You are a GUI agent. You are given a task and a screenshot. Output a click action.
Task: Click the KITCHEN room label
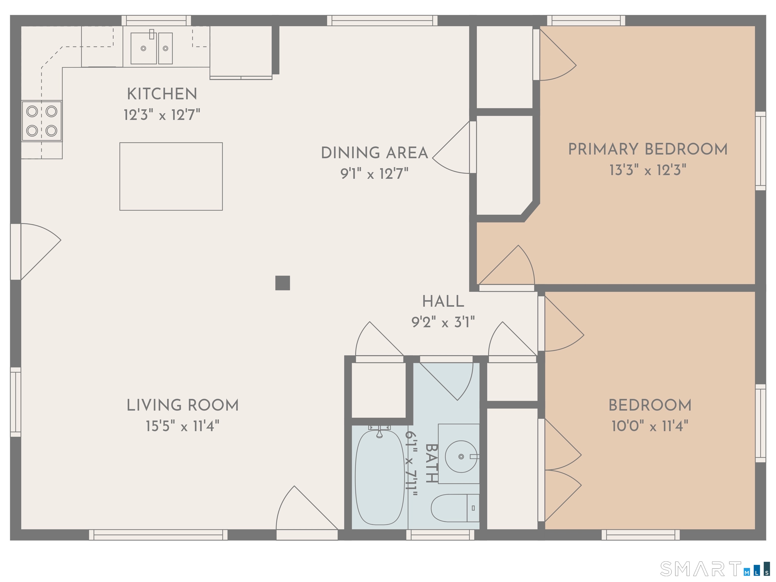tap(162, 94)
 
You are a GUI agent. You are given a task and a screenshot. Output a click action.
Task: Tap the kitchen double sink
tap(152, 48)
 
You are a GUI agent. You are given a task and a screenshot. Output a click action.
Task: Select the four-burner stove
tap(42, 121)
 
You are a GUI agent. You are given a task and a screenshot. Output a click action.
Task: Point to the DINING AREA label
tap(375, 153)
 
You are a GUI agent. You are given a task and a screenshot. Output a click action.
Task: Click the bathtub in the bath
tap(380, 477)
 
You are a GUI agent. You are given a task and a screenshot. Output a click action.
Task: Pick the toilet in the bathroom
tap(455, 508)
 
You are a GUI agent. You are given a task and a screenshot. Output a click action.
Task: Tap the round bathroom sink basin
tap(461, 456)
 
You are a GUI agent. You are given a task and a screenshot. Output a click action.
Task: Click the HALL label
tap(443, 301)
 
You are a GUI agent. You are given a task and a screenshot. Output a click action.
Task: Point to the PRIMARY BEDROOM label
tap(648, 149)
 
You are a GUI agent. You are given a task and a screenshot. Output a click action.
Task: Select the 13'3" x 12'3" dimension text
tap(648, 170)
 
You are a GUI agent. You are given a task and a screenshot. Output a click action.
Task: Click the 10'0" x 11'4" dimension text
tap(650, 426)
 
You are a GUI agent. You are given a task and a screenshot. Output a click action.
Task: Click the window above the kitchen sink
tap(156, 20)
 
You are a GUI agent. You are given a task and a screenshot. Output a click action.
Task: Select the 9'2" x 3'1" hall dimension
tap(443, 322)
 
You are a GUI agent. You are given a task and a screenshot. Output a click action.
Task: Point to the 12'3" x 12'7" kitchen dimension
tap(162, 115)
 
